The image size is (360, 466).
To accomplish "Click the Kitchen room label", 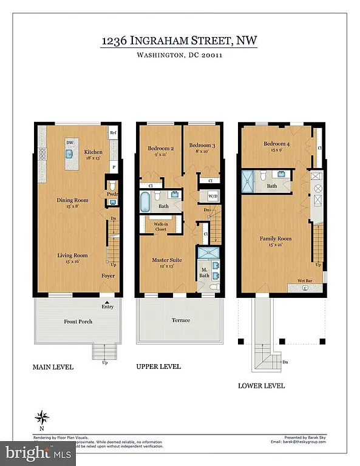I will (x=93, y=152).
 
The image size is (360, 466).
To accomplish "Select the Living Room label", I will (x=73, y=255).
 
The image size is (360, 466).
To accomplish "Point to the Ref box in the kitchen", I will (x=113, y=132).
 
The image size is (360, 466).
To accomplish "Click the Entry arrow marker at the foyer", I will (x=107, y=302).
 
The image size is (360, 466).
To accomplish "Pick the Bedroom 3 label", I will (x=201, y=146).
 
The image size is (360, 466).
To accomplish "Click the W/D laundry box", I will (x=212, y=197).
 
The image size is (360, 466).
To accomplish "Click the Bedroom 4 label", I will (x=276, y=144).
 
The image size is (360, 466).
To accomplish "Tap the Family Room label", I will (x=276, y=238).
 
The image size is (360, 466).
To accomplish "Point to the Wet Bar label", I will (x=305, y=282).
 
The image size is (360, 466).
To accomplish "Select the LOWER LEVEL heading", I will (x=261, y=385).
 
